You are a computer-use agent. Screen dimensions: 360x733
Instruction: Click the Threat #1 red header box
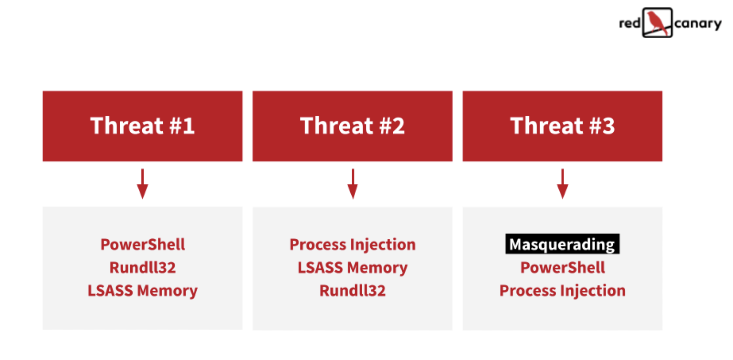142,126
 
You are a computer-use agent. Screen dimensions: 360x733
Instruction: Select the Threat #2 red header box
352,126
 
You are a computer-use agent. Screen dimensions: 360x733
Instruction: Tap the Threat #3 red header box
562,126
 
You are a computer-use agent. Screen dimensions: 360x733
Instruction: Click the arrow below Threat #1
142,184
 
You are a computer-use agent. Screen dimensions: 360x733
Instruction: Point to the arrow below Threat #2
352,184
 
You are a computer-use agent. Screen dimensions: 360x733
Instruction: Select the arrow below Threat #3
562,184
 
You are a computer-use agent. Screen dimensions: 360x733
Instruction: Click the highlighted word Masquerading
562,244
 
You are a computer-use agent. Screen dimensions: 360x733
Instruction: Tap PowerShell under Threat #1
142,244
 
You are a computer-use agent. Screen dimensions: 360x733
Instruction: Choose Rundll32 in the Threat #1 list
142,267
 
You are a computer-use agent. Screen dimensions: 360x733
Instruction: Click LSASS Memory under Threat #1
142,290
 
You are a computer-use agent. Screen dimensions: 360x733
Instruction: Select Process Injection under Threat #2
352,244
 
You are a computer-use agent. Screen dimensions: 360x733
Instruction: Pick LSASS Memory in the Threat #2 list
352,267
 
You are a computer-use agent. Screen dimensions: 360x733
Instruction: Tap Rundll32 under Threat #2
352,290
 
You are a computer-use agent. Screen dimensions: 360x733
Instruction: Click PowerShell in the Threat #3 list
562,267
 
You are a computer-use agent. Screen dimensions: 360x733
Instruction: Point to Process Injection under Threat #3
562,290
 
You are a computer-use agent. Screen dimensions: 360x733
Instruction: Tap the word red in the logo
629,23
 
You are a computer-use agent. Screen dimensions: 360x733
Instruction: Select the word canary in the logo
698,23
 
